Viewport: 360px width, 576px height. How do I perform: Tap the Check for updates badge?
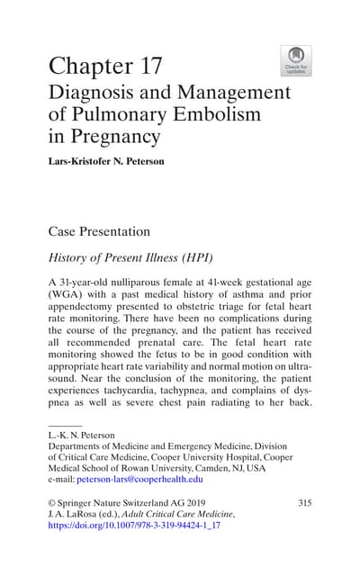(x=296, y=60)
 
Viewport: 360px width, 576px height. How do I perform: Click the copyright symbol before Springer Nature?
(x=52, y=502)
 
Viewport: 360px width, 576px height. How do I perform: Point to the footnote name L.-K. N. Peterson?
(x=81, y=436)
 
